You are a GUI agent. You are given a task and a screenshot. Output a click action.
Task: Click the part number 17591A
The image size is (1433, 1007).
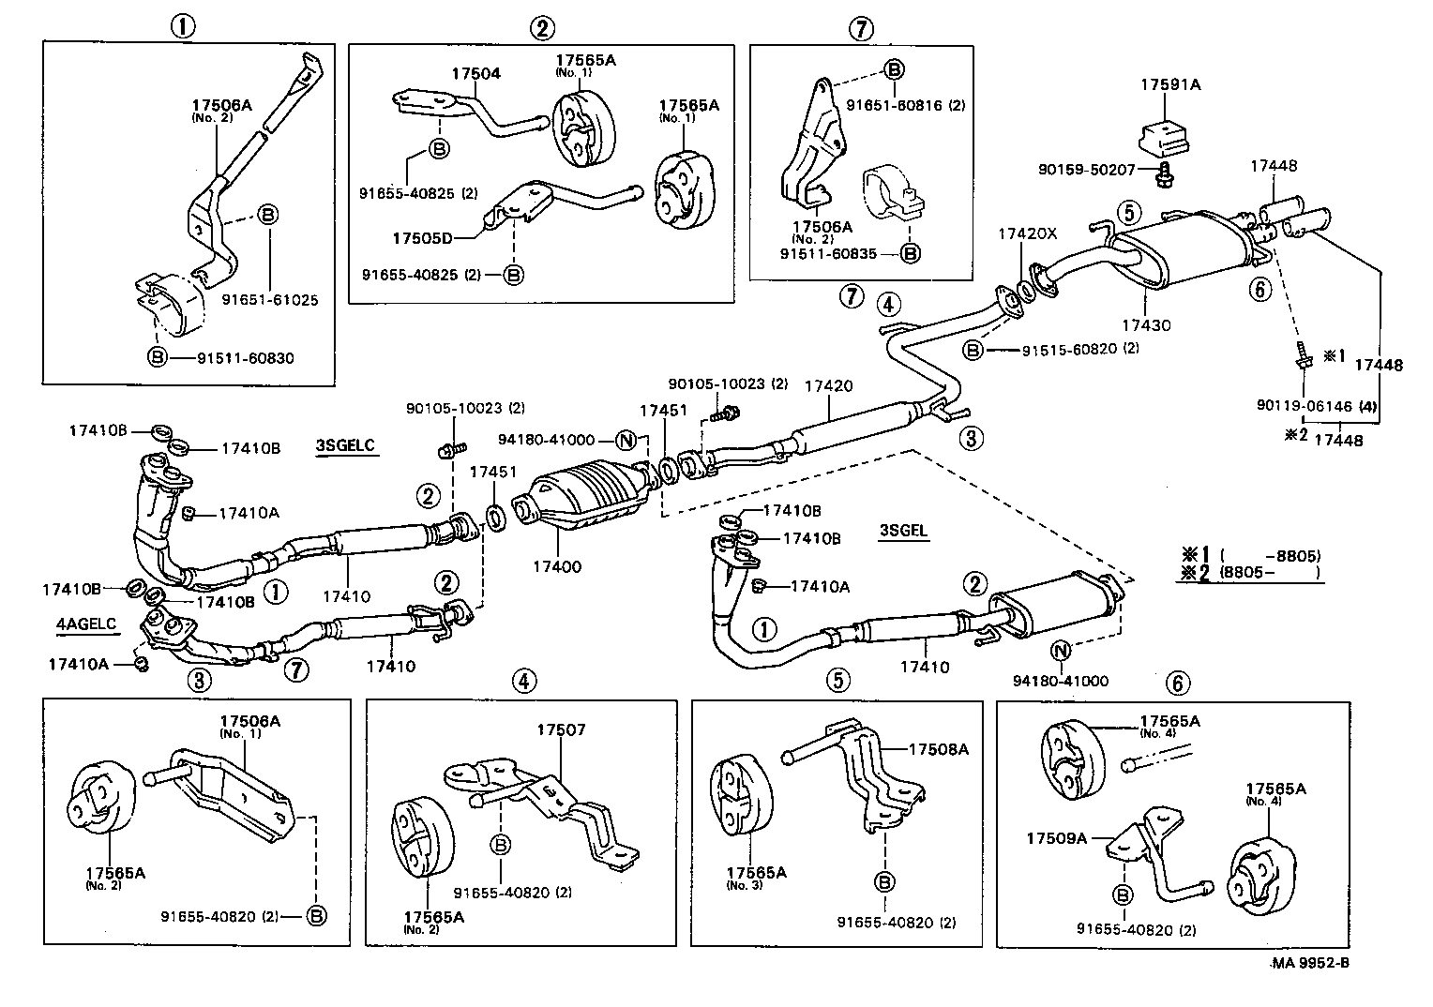(1170, 84)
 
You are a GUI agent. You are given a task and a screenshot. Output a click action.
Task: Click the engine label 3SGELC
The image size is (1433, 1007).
(346, 445)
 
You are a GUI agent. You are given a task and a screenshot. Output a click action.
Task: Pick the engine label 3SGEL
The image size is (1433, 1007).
(903, 530)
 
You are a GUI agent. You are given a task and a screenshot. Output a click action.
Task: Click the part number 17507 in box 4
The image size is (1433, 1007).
(561, 729)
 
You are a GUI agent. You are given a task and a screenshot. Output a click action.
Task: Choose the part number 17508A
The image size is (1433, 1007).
(939, 748)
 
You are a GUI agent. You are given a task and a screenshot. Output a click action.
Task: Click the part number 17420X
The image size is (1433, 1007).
(1027, 233)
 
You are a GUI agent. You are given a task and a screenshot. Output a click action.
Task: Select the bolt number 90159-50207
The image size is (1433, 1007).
(1087, 170)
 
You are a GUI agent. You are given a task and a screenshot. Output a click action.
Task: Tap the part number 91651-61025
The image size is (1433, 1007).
(270, 301)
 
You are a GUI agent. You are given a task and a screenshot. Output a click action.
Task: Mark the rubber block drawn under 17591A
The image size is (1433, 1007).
(1163, 138)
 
